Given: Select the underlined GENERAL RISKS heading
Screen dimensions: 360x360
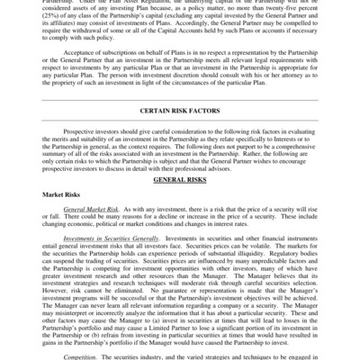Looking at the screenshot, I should pyautogui.click(x=180, y=204).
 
